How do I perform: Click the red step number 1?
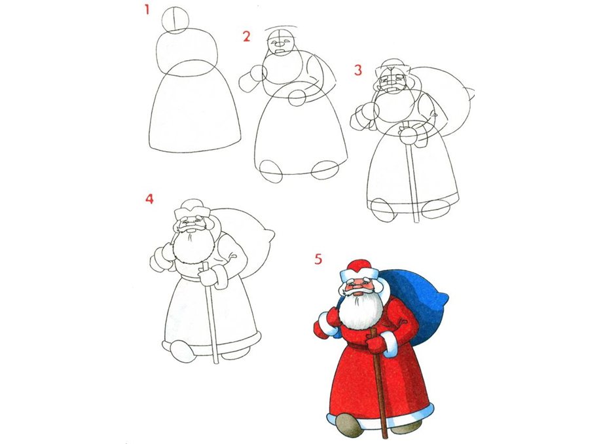click(x=146, y=10)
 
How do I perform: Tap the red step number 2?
click(x=246, y=37)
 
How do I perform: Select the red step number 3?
click(x=357, y=70)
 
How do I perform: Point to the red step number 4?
click(x=149, y=198)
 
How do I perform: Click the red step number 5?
click(x=318, y=259)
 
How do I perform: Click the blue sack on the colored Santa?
click(x=418, y=303)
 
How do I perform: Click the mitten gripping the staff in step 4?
click(x=208, y=277)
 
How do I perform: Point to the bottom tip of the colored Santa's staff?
click(x=386, y=438)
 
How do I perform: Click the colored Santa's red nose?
click(x=358, y=287)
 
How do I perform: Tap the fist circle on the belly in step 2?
click(x=297, y=98)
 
